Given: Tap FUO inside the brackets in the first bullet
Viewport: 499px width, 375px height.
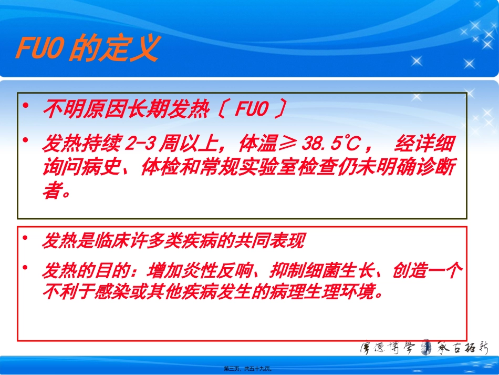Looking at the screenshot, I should click(x=252, y=109).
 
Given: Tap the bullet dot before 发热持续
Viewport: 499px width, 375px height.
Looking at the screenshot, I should click(x=26, y=139).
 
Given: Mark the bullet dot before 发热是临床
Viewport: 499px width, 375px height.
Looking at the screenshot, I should click(x=26, y=239).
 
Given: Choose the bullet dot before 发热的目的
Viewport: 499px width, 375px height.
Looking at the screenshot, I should click(x=26, y=268).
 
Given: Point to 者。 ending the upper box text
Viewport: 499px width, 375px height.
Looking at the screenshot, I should click(x=56, y=191).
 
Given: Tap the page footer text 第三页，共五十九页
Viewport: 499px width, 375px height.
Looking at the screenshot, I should click(x=250, y=369).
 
